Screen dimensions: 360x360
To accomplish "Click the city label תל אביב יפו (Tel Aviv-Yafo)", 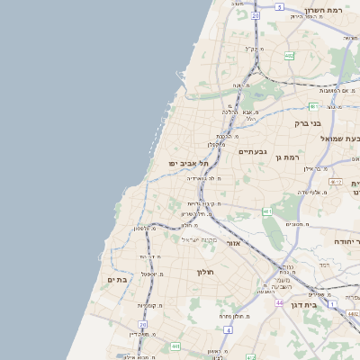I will coord(187,163).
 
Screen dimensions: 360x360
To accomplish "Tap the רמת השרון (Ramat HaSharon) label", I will coord(325,11).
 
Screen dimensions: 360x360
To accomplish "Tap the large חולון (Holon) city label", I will coord(202,271).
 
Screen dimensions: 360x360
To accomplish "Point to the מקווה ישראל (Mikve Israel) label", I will coord(200,238).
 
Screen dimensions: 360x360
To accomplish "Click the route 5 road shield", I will coord(280,7).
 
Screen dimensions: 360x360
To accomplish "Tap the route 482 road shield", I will coord(289,56).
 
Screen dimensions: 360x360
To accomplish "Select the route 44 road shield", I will coord(280,303).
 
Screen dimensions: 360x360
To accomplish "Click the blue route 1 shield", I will coord(332,303).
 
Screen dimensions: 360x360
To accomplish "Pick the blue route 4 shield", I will coord(229,330).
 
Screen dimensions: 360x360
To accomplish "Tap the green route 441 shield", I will coord(175,346).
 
